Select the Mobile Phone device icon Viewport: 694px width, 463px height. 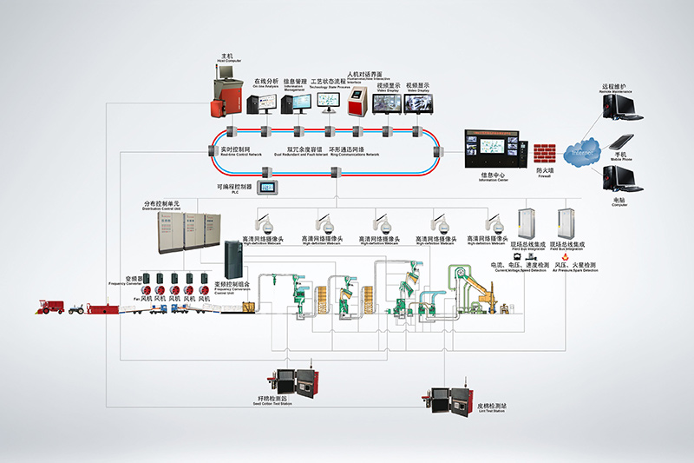pyautogui.click(x=619, y=142)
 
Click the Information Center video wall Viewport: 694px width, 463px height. pyautogui.click(x=494, y=149)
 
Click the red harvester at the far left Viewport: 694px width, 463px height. pyautogui.click(x=50, y=307)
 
